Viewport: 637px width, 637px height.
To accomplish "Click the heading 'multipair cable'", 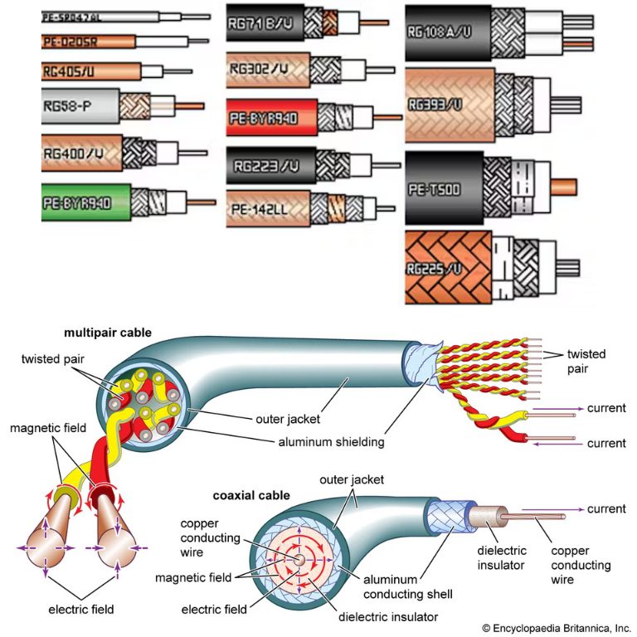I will pos(107,333).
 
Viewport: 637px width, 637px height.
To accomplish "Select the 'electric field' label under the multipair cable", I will pos(81,609).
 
